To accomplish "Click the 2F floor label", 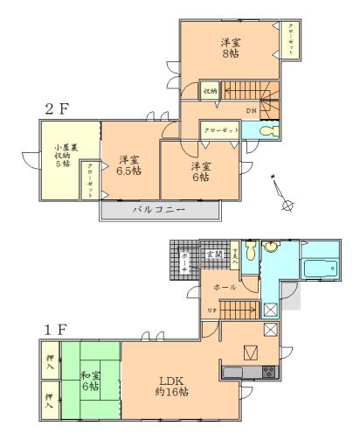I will click(x=59, y=109).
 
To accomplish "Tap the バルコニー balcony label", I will click(x=157, y=212).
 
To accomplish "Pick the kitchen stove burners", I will click(x=267, y=372).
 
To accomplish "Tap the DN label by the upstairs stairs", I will click(x=251, y=110).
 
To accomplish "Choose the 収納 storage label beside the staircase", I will click(x=210, y=90).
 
